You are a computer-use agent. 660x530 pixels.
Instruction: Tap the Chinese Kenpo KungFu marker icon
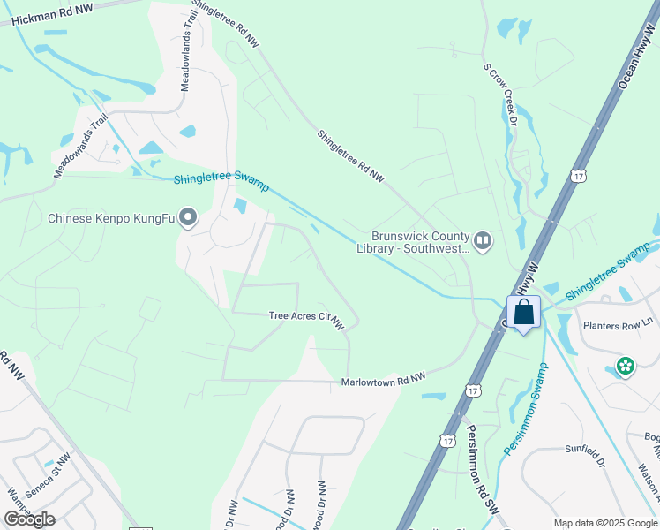pyautogui.click(x=187, y=217)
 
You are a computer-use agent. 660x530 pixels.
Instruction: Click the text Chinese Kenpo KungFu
pyautogui.click(x=110, y=218)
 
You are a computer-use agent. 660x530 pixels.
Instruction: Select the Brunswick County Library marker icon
pyautogui.click(x=483, y=240)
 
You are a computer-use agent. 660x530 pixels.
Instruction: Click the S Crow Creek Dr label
pyautogui.click(x=499, y=94)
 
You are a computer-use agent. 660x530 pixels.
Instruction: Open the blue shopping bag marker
pyautogui.click(x=523, y=312)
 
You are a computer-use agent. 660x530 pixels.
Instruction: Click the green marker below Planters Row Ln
pyautogui.click(x=626, y=365)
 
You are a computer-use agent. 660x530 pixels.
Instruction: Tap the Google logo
pyautogui.click(x=29, y=519)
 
